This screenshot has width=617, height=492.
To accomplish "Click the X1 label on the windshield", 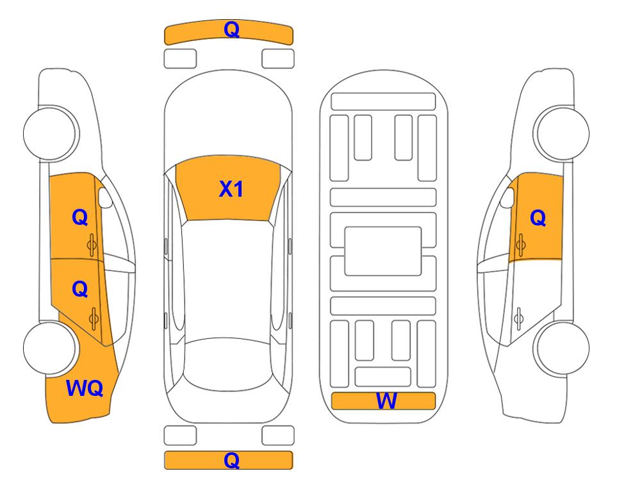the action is (x=231, y=189).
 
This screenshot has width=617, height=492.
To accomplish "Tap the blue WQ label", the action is (x=85, y=388).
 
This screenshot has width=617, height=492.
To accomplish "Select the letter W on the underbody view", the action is (x=386, y=401).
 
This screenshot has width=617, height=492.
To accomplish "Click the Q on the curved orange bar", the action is (x=231, y=29).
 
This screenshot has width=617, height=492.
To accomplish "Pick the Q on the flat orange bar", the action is (x=231, y=460).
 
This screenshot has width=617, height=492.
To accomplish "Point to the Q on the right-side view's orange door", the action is (x=538, y=218).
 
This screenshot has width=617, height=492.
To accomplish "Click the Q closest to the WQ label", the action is (x=80, y=290).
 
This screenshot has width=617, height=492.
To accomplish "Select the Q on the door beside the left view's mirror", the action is (x=80, y=217).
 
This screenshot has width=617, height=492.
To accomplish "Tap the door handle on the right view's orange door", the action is (x=521, y=245).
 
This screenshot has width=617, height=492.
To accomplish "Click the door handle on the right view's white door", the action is (x=519, y=319).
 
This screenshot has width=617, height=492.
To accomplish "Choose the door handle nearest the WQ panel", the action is (x=94, y=319).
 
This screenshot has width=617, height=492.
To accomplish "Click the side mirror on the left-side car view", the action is (x=105, y=197).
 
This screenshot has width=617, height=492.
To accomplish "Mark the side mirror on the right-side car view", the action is (x=507, y=197).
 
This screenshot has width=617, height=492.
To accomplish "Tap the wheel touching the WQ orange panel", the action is (x=50, y=348).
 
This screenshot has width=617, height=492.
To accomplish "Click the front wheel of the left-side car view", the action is (x=50, y=133).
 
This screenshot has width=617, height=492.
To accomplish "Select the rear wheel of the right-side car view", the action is (x=563, y=348).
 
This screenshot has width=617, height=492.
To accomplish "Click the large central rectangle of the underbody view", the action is (x=383, y=251).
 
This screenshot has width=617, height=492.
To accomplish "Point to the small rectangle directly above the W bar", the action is (x=383, y=377).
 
